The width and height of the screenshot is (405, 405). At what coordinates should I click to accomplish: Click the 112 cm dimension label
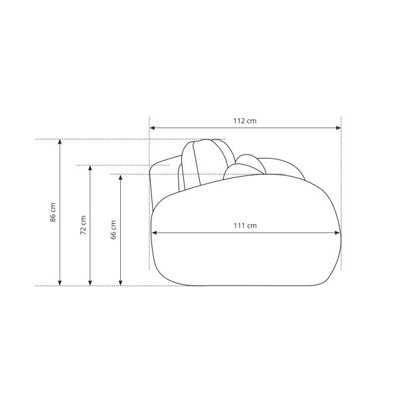(x=245, y=121)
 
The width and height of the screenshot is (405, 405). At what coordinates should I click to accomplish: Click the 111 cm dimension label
(x=245, y=226)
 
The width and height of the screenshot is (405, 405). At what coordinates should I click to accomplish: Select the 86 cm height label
(x=53, y=212)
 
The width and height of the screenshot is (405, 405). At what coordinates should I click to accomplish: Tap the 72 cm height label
(x=83, y=225)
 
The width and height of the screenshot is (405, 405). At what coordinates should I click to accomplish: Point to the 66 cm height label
(x=114, y=230)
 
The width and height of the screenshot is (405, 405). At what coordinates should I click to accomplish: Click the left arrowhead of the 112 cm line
(x=152, y=128)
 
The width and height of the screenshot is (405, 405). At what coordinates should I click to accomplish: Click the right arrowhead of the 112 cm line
(x=339, y=128)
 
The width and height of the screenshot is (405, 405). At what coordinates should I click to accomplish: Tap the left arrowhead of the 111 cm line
(x=154, y=233)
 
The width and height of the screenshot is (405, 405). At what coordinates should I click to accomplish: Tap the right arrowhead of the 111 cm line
(x=337, y=233)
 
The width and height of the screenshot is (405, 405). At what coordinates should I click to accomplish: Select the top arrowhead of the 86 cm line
(x=60, y=142)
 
